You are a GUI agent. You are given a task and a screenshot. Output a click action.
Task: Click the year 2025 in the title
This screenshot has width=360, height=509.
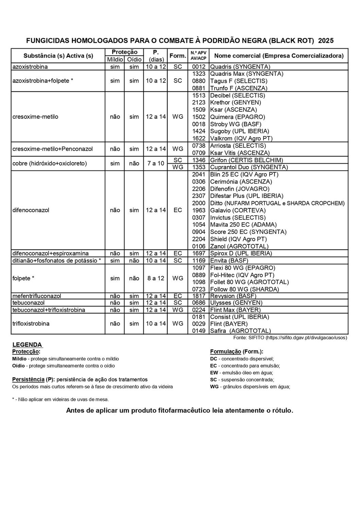click(326, 41)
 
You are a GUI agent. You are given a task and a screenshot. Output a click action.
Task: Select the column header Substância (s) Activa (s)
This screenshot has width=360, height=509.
click(58, 56)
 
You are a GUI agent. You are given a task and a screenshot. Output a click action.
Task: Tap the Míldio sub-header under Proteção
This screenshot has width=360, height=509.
click(115, 59)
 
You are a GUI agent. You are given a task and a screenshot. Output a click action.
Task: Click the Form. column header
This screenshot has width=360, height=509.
click(178, 56)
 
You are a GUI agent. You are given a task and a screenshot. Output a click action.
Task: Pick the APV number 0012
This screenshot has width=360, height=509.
click(199, 67)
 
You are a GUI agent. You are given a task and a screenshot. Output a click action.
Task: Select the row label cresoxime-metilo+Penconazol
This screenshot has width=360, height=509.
click(53, 149)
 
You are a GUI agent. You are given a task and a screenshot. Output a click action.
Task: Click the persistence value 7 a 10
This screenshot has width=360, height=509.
click(156, 164)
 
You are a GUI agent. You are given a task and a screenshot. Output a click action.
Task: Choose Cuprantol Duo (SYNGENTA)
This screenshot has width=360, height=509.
click(249, 167)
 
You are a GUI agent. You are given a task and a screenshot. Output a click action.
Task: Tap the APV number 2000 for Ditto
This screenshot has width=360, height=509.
click(199, 203)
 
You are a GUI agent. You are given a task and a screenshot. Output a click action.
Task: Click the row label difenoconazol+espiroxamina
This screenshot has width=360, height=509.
click(51, 253)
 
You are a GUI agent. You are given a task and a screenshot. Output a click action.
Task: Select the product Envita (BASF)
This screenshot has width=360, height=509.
click(229, 261)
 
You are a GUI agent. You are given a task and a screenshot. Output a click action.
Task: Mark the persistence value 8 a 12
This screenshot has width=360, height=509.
click(156, 279)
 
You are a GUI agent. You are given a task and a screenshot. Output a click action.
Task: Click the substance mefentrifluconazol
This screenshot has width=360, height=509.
click(37, 296)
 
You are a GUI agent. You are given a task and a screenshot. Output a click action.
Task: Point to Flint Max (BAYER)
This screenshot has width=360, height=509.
click(235, 310)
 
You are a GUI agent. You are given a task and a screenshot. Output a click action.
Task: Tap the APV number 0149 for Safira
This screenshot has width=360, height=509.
click(199, 331)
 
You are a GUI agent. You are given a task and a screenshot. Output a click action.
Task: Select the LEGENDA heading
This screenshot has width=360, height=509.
click(27, 345)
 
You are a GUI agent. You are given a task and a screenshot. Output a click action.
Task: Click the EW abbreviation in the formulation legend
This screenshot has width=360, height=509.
click(214, 373)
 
